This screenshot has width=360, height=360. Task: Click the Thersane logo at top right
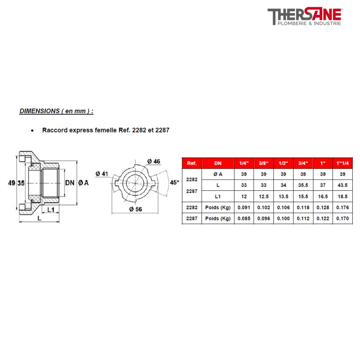[x=305, y=17]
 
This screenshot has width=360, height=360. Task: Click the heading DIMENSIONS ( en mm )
[x=57, y=111]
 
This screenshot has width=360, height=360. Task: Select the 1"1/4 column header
[x=342, y=163]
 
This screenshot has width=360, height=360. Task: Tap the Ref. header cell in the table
[x=192, y=163]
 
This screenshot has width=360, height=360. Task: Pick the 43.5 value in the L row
[x=342, y=185]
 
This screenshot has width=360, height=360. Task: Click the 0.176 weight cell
[x=342, y=207]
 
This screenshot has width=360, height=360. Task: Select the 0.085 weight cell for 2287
[x=244, y=219]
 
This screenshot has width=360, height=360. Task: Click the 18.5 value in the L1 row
[x=342, y=196]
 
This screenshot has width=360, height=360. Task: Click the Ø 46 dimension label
[x=153, y=161]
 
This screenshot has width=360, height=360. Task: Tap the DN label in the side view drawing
[x=69, y=183]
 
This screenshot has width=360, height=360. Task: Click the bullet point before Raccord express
[x=32, y=130]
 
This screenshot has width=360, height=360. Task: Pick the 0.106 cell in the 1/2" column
[x=283, y=207]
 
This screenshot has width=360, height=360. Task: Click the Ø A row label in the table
[x=218, y=174]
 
